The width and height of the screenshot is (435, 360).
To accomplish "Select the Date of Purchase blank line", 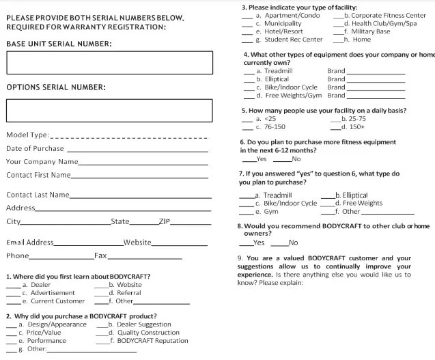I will pos(137,149).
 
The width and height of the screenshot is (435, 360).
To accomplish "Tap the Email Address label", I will pos(29,243).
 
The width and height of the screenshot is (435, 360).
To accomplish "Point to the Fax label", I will pos(100,255).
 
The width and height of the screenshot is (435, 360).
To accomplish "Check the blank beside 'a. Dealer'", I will pos(13,285).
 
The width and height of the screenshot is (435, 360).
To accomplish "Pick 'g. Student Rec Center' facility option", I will pos(288,40).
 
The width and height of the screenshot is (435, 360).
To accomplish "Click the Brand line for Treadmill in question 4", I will pos(376,71).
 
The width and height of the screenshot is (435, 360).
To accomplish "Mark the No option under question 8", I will pos(293,243).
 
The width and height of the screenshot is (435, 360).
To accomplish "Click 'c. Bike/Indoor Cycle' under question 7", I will pos(285,203).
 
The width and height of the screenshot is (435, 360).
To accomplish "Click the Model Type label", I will pos(27,135).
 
